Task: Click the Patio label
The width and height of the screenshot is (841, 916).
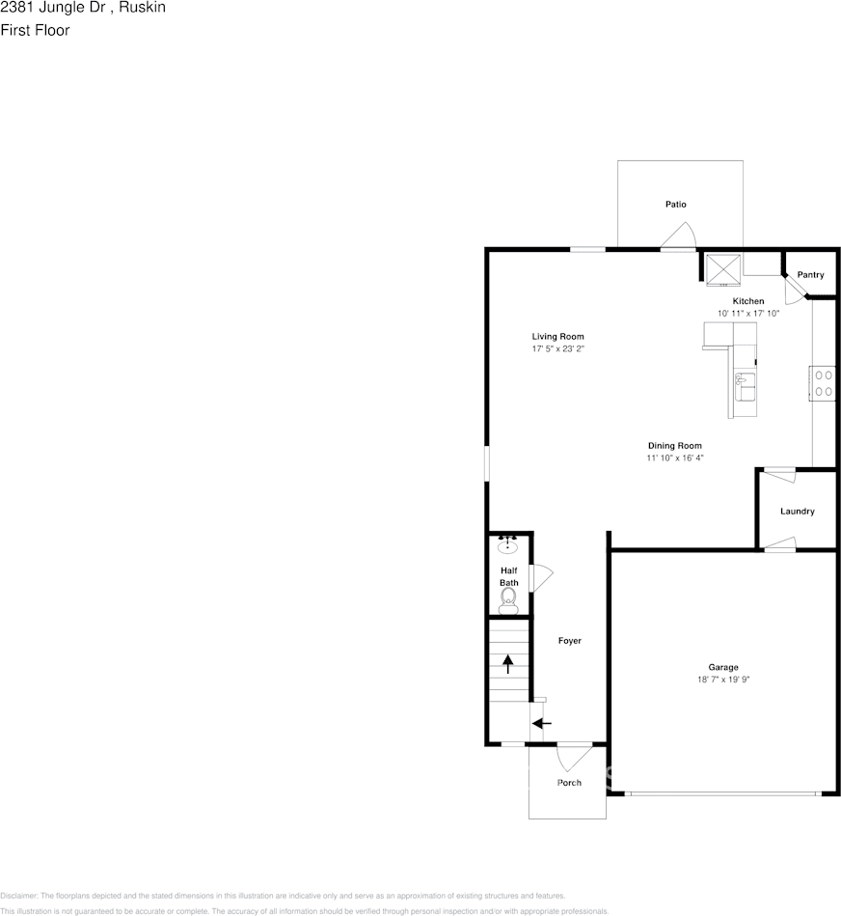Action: click(675, 205)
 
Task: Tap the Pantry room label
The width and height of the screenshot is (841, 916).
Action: click(810, 275)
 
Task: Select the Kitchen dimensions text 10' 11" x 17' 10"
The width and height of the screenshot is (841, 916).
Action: click(747, 314)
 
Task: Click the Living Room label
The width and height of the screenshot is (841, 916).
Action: click(558, 337)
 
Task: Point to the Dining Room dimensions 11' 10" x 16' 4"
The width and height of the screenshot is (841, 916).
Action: click(675, 458)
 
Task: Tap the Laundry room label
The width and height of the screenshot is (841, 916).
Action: click(797, 511)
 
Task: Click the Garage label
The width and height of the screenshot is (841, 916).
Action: click(723, 667)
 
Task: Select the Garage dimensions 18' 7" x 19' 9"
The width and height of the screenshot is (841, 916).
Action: click(723, 680)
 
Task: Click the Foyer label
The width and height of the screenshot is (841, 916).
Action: click(570, 641)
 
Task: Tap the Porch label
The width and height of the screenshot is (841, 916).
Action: click(569, 783)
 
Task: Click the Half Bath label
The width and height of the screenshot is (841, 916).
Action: click(508, 576)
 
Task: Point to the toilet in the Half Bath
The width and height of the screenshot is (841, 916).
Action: click(508, 602)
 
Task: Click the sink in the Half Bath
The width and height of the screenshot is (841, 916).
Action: click(508, 545)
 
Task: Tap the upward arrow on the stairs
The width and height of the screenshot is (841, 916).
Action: click(508, 663)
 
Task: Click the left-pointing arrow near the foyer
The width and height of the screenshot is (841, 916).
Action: click(542, 722)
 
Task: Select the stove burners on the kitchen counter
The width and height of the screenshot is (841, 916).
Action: click(823, 382)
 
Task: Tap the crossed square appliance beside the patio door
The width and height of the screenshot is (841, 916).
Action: click(721, 267)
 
